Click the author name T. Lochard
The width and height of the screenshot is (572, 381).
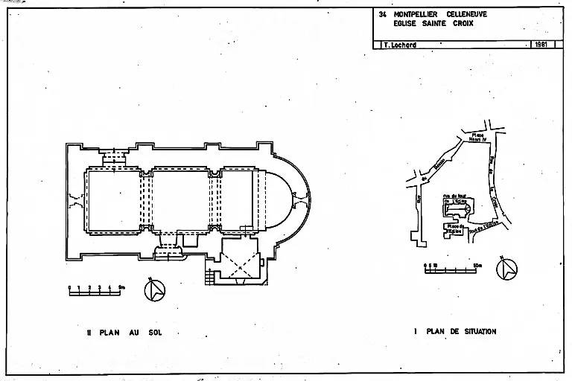tap(398, 45)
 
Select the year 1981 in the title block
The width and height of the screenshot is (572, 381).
tap(541, 45)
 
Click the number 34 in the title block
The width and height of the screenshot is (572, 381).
tap(383, 14)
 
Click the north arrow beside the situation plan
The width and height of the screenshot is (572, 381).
tap(506, 269)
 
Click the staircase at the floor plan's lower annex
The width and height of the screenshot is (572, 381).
tap(210, 275)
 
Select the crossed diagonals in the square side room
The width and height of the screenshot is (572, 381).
tap(241, 260)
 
